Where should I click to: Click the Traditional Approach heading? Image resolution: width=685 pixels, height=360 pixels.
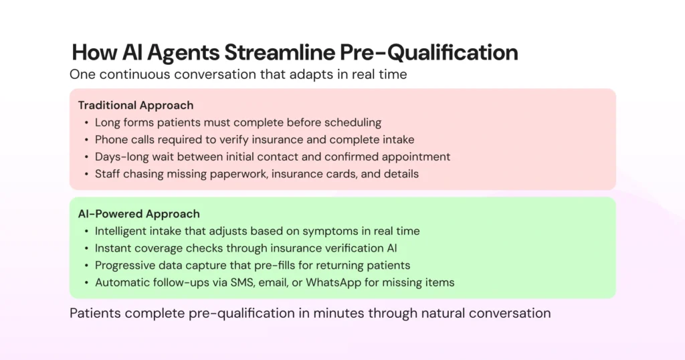click(136, 105)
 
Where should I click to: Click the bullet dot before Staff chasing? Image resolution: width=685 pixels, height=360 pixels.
click(86, 174)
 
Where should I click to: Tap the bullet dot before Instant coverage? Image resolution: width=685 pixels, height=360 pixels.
click(86, 248)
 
